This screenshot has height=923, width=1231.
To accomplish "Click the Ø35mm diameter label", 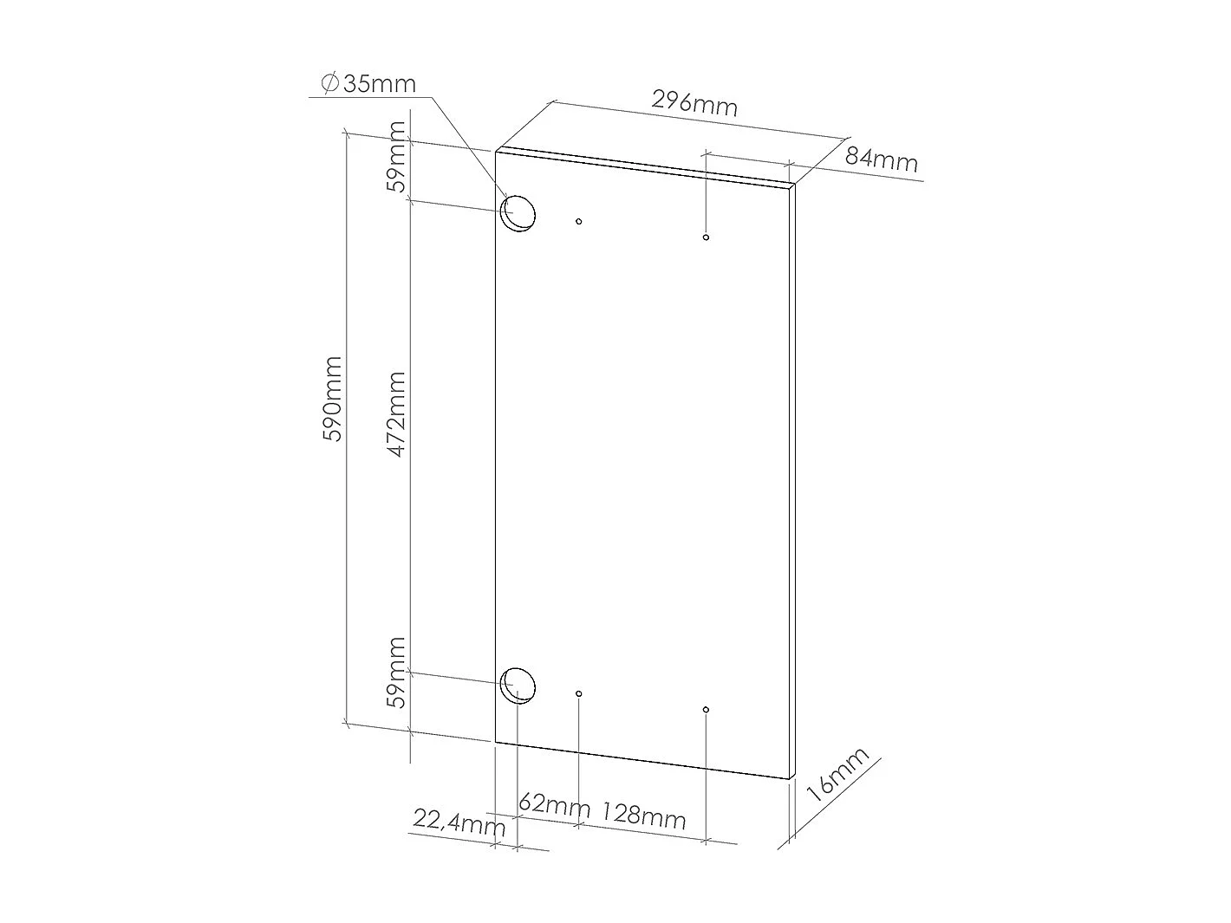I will tap(368, 84).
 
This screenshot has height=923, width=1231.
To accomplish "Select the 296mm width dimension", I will tap(694, 103).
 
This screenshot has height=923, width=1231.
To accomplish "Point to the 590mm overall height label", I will tap(334, 398).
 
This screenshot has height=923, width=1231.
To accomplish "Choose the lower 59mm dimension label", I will tap(396, 672).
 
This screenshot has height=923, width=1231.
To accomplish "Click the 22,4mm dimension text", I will tap(459, 822).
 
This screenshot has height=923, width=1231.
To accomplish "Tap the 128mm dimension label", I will tap(644, 816).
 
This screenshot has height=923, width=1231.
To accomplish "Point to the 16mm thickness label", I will tap(837, 774).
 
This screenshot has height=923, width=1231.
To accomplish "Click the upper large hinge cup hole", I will tap(519, 213).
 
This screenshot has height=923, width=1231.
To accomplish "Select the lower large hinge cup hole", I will tap(519, 685).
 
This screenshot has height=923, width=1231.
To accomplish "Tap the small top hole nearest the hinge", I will tap(579, 222).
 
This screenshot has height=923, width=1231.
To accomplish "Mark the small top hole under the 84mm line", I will tap(707, 237).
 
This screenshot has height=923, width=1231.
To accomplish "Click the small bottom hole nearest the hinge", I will tap(579, 693).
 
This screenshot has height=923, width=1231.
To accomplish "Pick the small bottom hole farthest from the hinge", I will tap(707, 710).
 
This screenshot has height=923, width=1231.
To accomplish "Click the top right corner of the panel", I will tap(793, 185).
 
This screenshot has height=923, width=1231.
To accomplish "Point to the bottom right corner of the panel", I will tap(792, 778).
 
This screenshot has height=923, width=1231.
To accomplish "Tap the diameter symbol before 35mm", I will tap(329, 83).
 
